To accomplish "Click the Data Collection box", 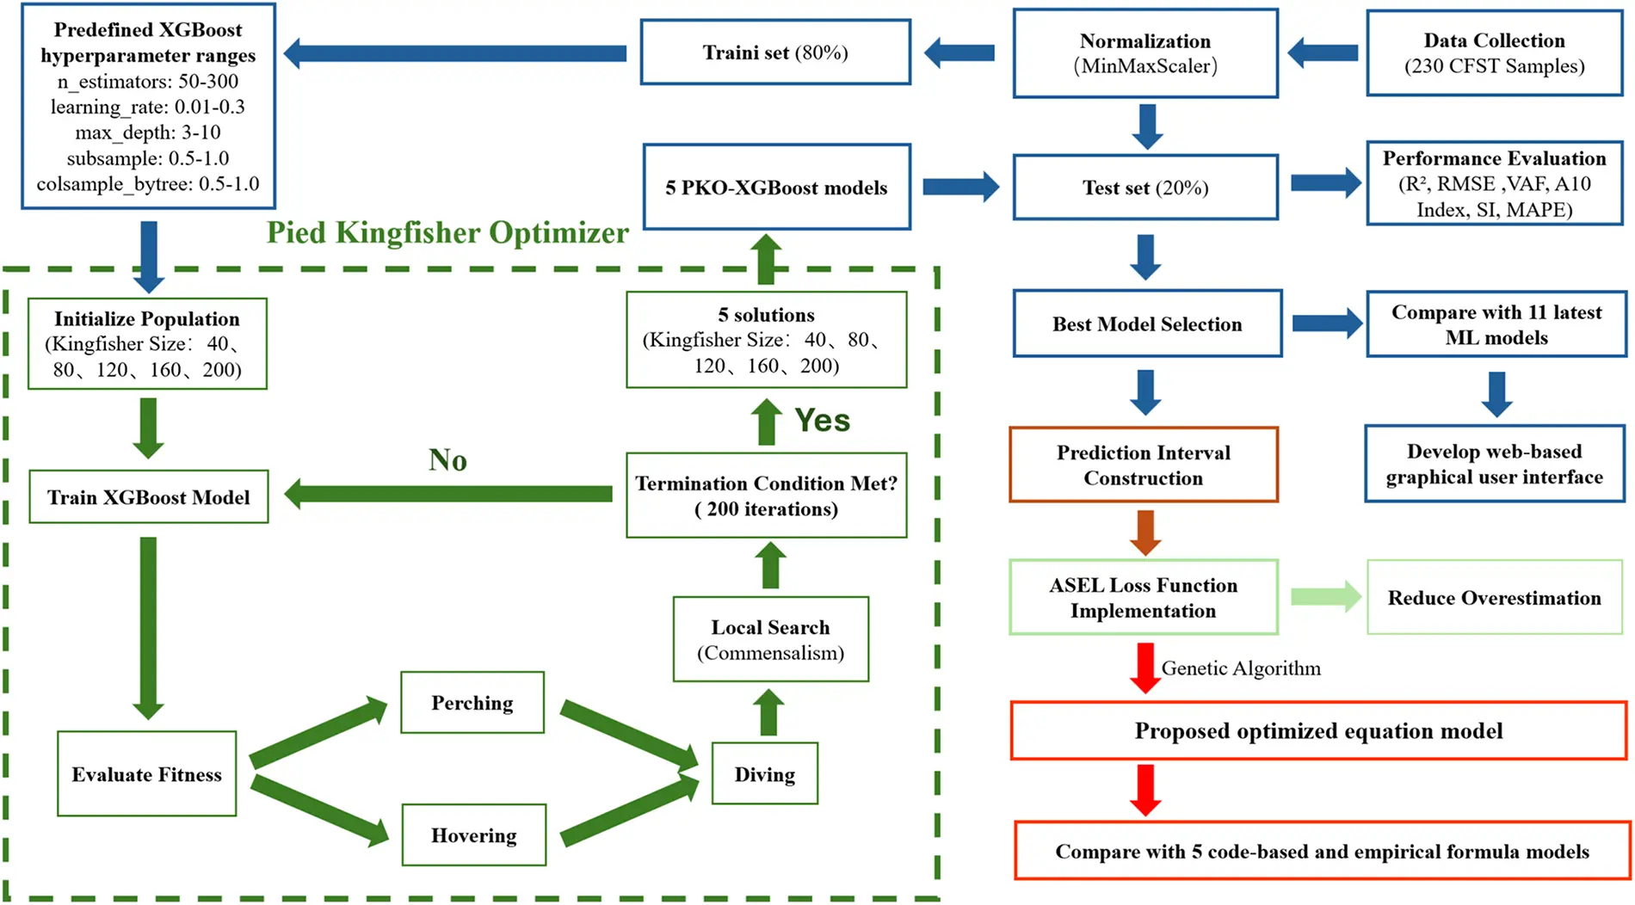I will point(1494,53).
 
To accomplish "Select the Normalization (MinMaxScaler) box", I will point(1144,53).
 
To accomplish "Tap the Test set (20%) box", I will point(1144,188).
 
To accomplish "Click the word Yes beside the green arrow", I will point(822,421).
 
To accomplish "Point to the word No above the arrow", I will point(447,460).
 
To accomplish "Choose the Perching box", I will point(472,703).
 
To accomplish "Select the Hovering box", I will point(473,835).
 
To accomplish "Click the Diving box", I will point(764,774).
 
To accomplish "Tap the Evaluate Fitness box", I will point(146,774).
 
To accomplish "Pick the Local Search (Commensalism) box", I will point(770,639).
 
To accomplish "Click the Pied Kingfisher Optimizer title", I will point(447,232).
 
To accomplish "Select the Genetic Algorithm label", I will point(1240,668).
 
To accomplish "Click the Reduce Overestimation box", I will point(1494,598).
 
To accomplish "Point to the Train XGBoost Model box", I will point(148,497).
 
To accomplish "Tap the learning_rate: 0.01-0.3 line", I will point(147,107).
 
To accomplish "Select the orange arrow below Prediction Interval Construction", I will point(1144,532).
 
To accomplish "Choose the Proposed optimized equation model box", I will point(1317,731).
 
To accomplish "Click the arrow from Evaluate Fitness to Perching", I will point(318,733).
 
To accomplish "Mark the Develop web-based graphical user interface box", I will point(1494,465).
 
